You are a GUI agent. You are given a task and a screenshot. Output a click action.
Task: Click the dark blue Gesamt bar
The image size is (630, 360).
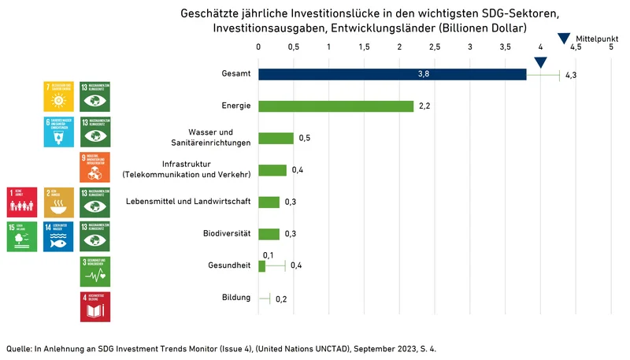click(392, 74)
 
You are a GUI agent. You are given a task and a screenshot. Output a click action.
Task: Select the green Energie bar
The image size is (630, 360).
click(335, 106)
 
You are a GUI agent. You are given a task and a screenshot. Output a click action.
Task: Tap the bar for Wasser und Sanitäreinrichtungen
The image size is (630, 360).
click(276, 138)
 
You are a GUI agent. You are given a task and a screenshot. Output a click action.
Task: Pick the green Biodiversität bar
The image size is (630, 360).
click(269, 234)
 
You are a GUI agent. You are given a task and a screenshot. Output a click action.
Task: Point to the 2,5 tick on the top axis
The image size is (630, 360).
click(435, 47)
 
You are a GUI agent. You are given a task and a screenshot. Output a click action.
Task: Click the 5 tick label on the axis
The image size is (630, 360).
click(611, 47)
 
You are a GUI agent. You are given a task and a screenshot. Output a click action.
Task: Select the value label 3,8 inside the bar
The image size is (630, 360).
click(424, 74)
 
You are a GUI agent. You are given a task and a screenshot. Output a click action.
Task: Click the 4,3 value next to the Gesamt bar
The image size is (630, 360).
click(572, 75)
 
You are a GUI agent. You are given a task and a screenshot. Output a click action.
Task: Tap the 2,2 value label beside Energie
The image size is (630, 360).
click(424, 106)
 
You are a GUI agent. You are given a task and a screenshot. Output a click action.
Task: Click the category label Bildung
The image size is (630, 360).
click(236, 298)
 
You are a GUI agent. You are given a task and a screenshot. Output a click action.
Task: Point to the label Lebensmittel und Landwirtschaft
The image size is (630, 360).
click(188, 202)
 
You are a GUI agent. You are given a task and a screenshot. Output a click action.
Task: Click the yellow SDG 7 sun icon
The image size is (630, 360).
click(60, 97)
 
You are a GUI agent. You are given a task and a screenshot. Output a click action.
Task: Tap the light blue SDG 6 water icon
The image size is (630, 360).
click(60, 132)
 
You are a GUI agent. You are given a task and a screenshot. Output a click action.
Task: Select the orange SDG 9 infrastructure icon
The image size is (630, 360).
click(95, 168)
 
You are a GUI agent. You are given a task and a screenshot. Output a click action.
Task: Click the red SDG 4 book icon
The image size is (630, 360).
click(95, 306)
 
